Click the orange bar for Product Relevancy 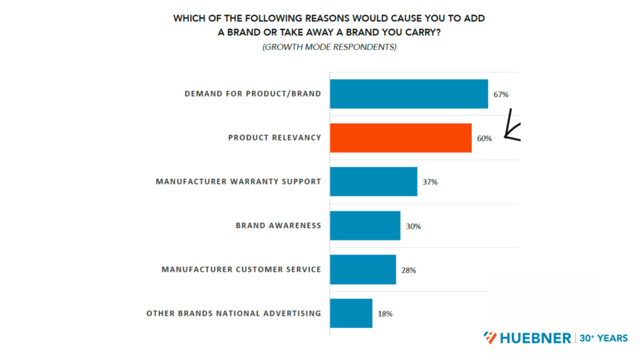(401, 137)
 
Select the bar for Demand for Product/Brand (409, 94)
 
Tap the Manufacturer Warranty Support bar (373, 181)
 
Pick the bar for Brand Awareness (365, 226)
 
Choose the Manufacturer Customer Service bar (362, 269)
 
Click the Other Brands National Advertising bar (351, 313)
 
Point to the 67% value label (501, 94)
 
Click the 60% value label (484, 138)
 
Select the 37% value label (430, 182)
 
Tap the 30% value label (413, 226)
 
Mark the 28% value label (409, 270)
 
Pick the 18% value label (385, 314)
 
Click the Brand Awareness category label (278, 226)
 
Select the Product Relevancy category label (274, 138)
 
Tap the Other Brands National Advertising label (234, 313)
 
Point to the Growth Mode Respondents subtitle (329, 47)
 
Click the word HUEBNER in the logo (535, 338)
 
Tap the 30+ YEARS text (604, 338)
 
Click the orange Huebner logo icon (491, 338)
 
